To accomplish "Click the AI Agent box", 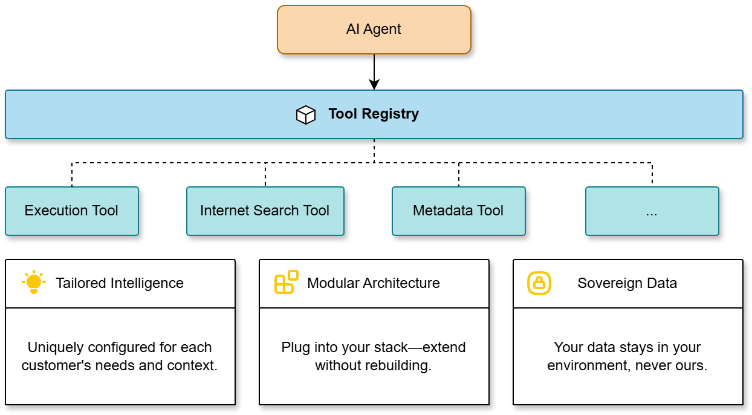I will pos(374,30).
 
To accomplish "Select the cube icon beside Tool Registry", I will pos(306,114).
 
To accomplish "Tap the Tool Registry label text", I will pos(374,114).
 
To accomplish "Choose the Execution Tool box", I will pos(71,211).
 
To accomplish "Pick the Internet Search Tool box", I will pos(265,211).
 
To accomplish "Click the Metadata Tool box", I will pos(458,211).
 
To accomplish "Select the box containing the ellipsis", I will pos(652,211).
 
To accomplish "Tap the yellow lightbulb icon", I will pos(33,283).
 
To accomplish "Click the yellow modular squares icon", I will pos(287,283).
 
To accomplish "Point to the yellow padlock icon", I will pos(539,283).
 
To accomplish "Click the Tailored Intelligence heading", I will pos(120,283).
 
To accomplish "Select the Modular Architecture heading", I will pos(374,283).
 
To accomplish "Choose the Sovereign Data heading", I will pos(627,283).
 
